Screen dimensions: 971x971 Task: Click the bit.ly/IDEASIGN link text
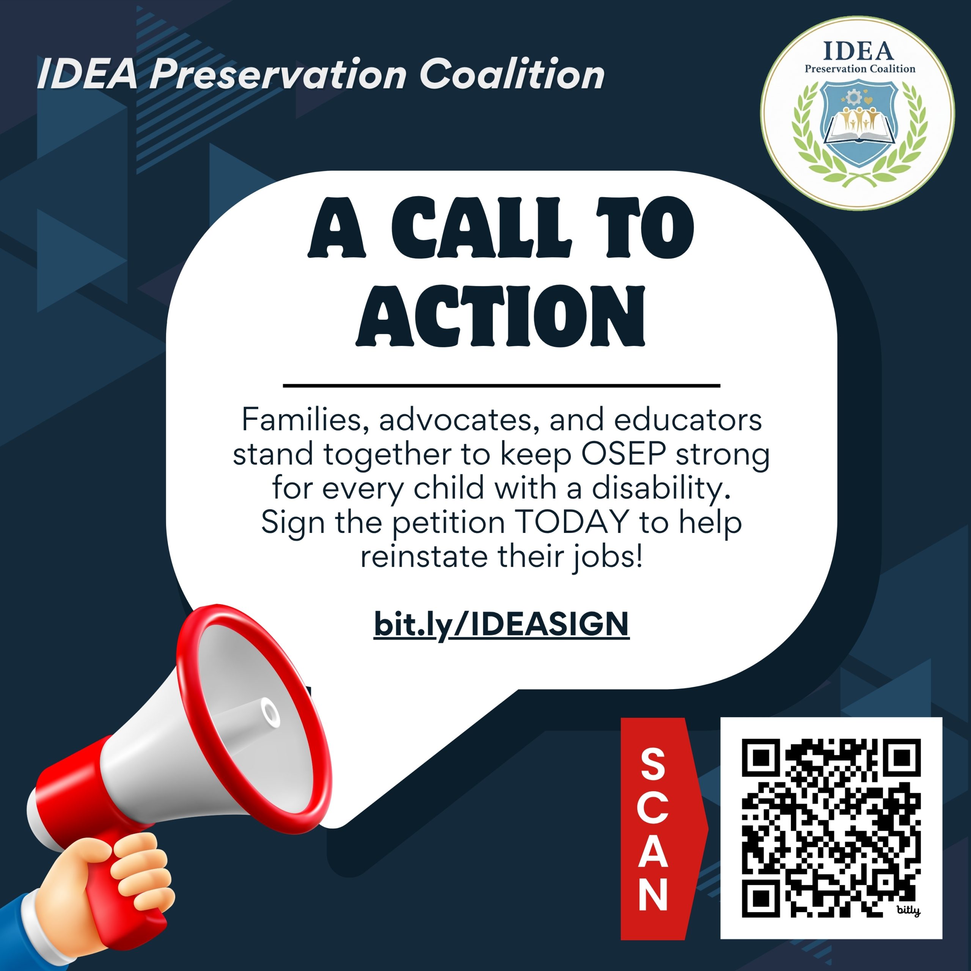click(501, 625)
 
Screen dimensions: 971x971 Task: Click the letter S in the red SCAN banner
click(654, 764)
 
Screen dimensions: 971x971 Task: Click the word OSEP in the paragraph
click(623, 454)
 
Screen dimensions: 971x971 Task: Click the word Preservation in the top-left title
click(278, 74)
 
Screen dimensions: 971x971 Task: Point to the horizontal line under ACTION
click(501, 385)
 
